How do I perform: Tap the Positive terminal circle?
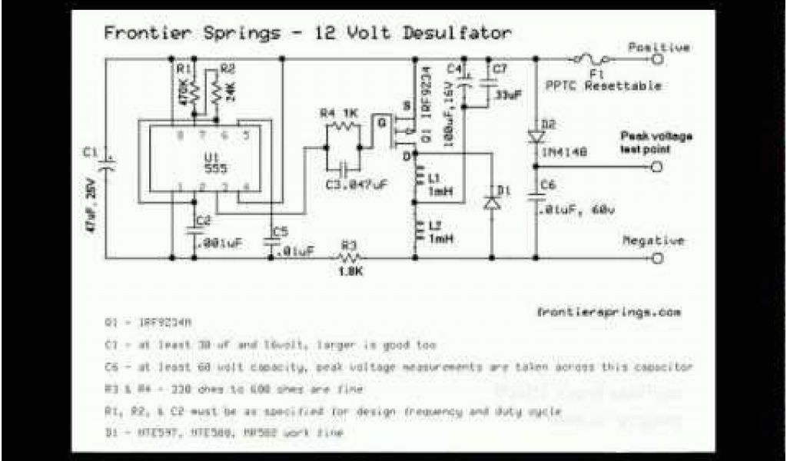point(657,58)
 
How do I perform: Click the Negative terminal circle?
point(657,257)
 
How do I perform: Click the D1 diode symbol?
point(492,204)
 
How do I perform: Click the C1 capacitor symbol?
point(106,159)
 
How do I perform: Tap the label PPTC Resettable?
point(604,86)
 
